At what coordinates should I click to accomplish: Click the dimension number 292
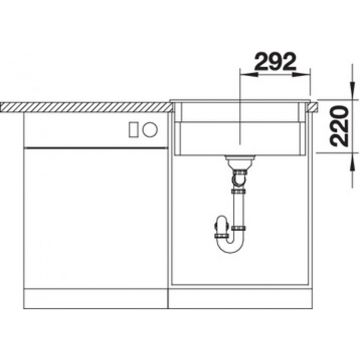[275, 61]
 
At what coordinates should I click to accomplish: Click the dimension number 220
[339, 126]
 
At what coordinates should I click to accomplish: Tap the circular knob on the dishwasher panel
[150, 130]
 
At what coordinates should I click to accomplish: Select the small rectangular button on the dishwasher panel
[133, 130]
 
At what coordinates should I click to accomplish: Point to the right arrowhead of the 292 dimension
[301, 74]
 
